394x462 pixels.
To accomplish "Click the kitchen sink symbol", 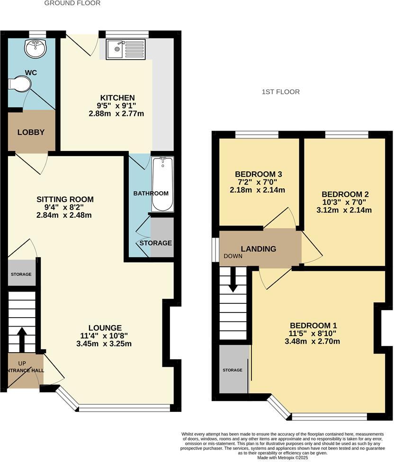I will (125, 49).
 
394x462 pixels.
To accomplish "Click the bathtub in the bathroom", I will (163, 184).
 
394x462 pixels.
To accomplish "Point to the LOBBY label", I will (31, 132).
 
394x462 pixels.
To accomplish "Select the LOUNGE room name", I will (105, 328).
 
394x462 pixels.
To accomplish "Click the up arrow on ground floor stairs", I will (22, 338).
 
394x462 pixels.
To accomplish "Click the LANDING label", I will (258, 249).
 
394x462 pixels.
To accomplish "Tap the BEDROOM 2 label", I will (345, 194).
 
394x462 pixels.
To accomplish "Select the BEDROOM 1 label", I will (313, 325).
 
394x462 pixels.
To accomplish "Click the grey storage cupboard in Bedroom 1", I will (233, 370).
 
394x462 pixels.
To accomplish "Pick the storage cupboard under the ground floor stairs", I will (21, 274).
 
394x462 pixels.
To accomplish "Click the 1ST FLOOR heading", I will (281, 92).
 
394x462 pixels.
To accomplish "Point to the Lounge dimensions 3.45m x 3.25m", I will (104, 344).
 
